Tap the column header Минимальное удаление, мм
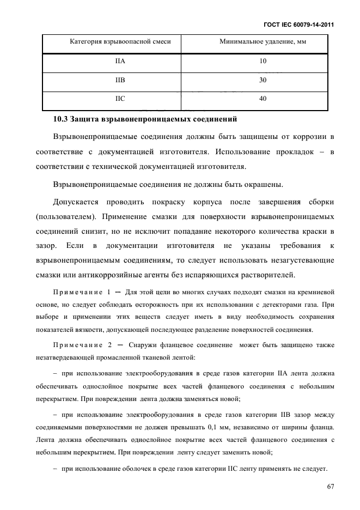pos(263,42)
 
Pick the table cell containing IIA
pos(120,62)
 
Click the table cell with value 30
pos(263,80)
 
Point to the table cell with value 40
pos(263,99)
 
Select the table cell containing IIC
pos(120,99)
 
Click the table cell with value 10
pos(263,62)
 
